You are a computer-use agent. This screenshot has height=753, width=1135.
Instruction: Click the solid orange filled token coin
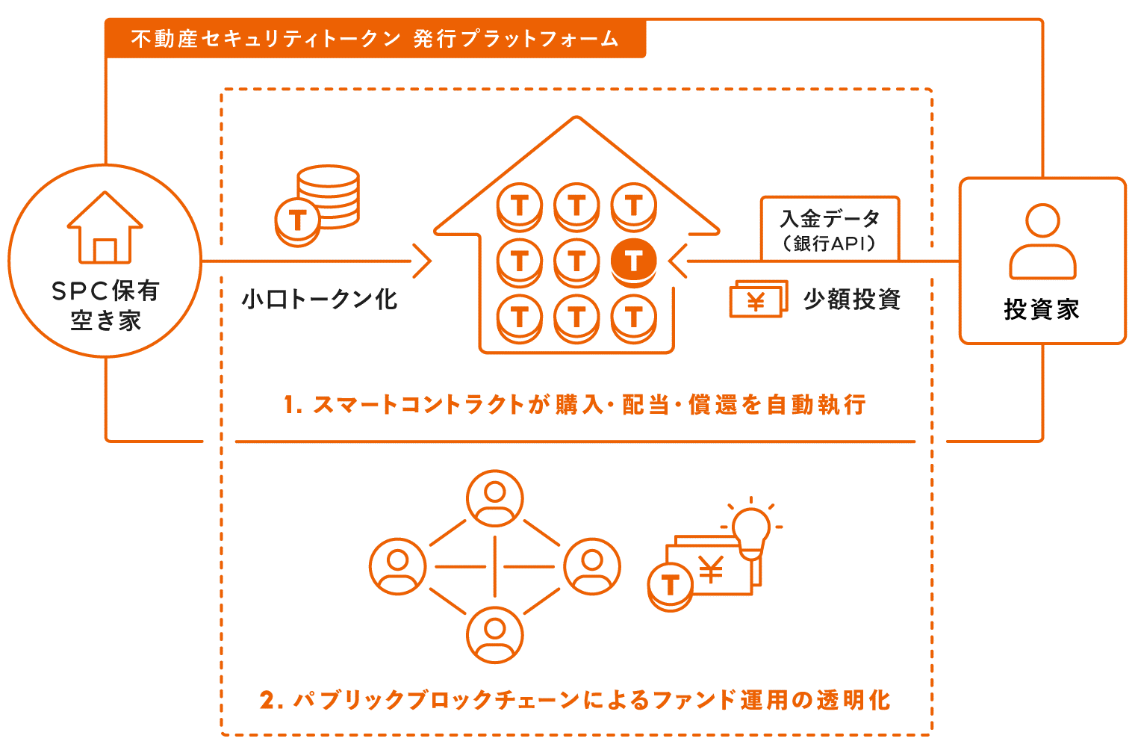point(633,261)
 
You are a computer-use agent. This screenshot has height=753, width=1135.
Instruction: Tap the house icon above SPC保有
point(105,228)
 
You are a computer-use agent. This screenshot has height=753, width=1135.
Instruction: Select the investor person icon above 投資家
point(1042,241)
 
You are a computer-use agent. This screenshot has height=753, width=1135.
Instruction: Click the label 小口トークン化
point(320,300)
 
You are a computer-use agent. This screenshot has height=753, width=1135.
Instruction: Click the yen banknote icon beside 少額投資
point(758,300)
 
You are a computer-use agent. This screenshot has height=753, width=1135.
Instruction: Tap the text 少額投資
point(852,300)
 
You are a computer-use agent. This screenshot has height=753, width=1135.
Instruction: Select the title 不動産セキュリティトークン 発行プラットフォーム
point(375,39)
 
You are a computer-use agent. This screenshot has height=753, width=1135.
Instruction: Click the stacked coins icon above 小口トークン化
point(317,205)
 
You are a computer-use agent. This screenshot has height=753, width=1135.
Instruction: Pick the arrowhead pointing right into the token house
point(423,261)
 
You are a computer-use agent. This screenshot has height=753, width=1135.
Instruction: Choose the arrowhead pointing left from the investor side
point(678,261)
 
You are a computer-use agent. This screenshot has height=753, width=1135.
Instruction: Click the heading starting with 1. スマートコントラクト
point(574,405)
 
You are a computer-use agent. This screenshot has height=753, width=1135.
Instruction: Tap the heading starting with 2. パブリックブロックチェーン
point(574,700)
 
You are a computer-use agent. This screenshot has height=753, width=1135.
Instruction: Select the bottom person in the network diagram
point(494,635)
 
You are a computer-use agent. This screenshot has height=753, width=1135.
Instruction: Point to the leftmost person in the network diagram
point(398,566)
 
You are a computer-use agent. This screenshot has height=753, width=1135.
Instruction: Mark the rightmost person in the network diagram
point(591,566)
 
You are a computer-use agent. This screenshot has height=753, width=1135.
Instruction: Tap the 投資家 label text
point(1042,309)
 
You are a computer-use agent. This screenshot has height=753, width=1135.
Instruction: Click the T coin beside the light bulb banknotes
point(670,586)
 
